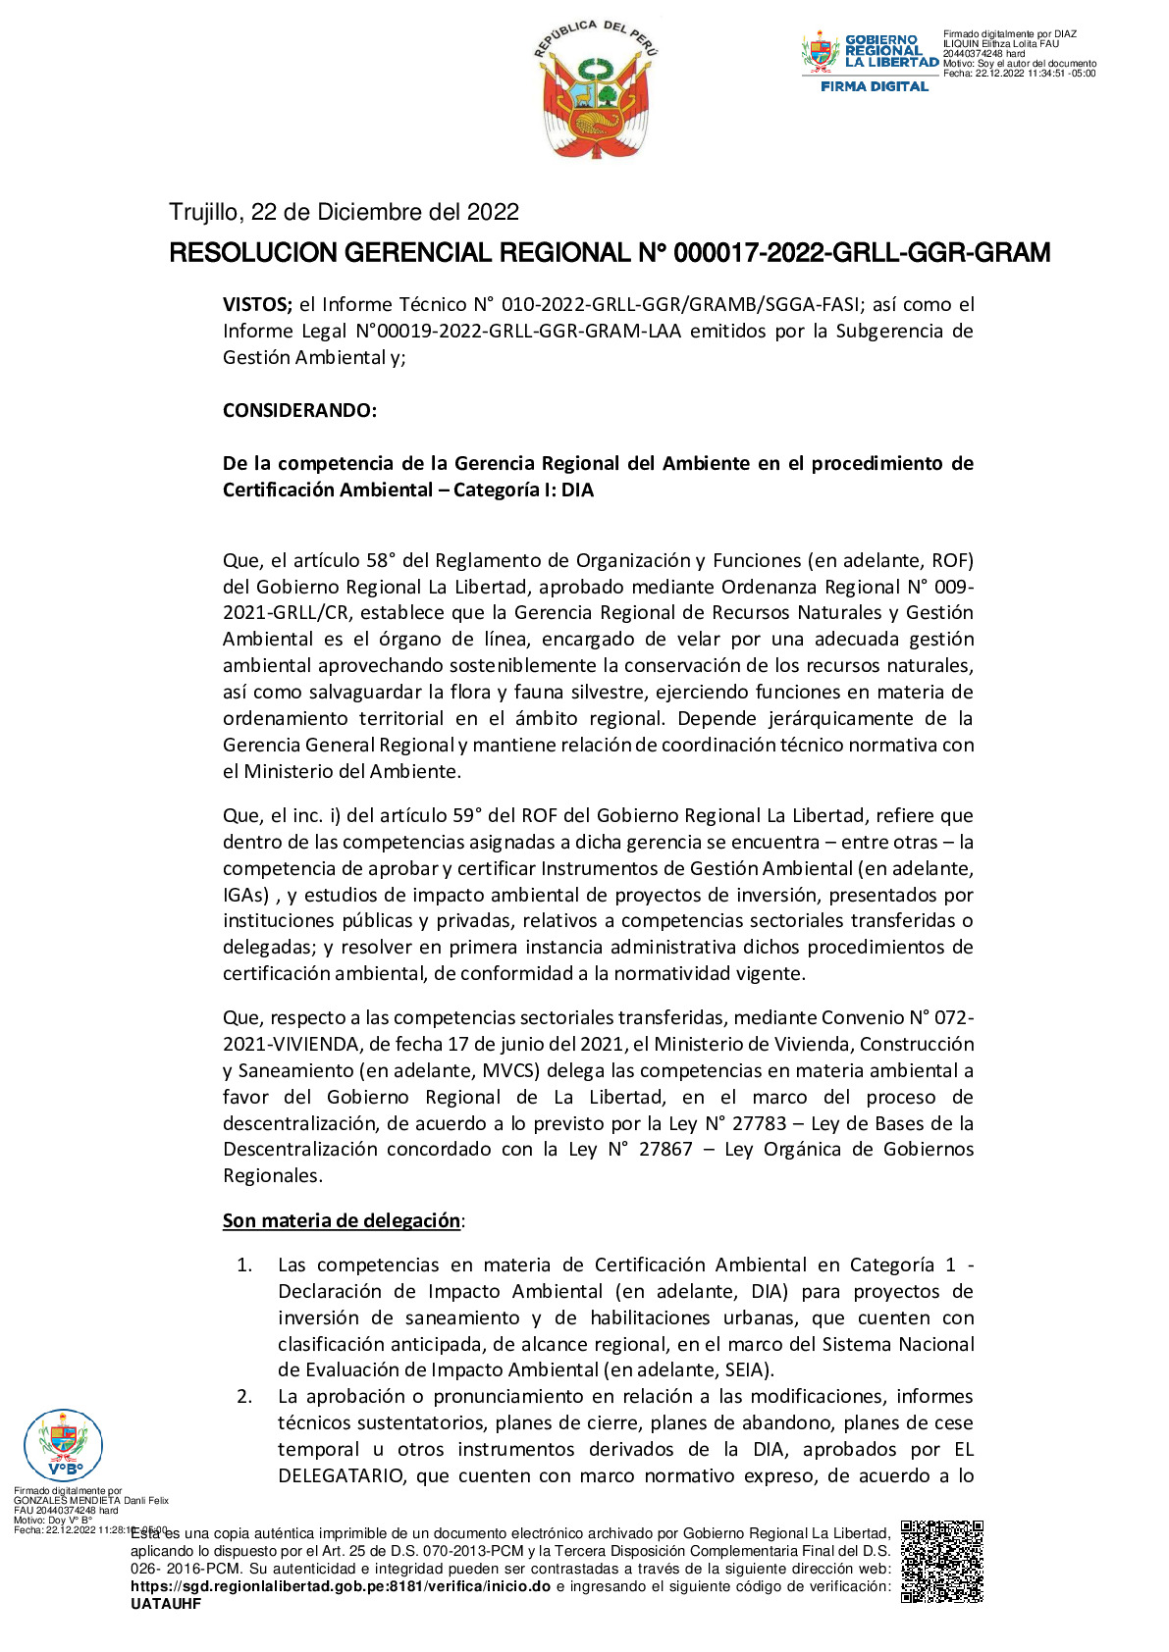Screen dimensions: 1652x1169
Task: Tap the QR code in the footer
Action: (941, 1561)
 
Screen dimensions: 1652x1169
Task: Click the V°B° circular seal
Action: (63, 1444)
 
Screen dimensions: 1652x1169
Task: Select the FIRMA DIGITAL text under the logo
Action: (874, 86)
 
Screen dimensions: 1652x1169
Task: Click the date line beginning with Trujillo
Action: (344, 212)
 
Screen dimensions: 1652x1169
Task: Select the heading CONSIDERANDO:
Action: (299, 410)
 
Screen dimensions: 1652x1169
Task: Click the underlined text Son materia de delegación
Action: (342, 1220)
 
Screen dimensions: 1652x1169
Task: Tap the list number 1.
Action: (244, 1265)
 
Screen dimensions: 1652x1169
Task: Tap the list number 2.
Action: (244, 1397)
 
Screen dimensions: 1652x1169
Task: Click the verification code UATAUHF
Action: (166, 1604)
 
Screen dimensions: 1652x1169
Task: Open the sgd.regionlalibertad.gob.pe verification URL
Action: (340, 1586)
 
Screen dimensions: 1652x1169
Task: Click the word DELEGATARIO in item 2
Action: (341, 1475)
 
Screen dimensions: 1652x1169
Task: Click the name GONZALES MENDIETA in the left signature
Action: (67, 1500)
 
